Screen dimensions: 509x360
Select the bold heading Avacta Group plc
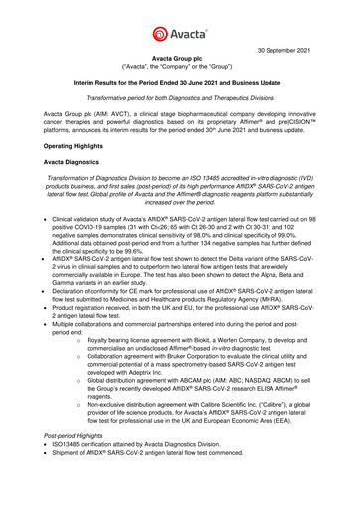179,60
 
